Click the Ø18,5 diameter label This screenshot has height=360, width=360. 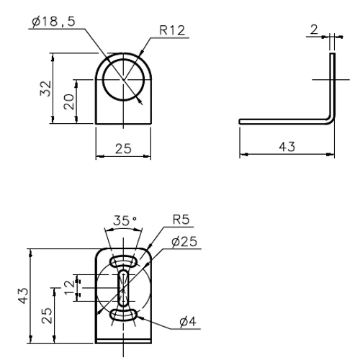click(53, 22)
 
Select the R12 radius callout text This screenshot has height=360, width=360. click(172, 30)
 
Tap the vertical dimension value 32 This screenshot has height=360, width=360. click(45, 89)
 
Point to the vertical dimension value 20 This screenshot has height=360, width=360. click(69, 102)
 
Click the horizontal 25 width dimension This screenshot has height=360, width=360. click(123, 149)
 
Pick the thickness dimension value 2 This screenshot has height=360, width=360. click(314, 30)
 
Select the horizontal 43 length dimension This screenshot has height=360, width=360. click(287, 147)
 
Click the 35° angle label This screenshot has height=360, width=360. click(125, 220)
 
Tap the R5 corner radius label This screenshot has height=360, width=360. click(181, 220)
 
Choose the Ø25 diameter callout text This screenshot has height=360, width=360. click(184, 242)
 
